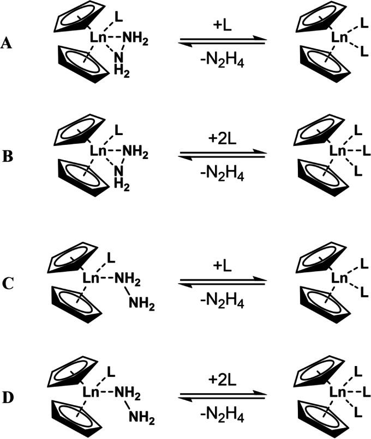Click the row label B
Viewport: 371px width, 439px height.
(7, 162)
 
